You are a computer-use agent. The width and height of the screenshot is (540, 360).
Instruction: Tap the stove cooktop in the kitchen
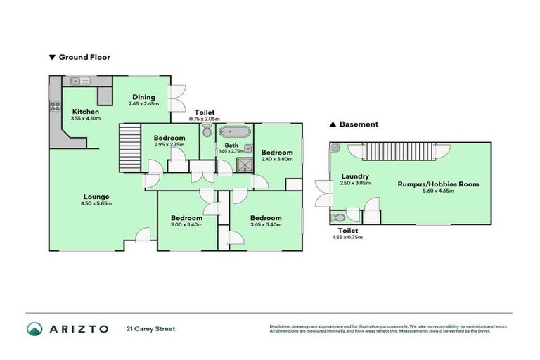click(x=53, y=108)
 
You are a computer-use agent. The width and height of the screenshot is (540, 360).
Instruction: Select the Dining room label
click(x=143, y=98)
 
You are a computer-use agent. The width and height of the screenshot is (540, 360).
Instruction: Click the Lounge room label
click(x=96, y=197)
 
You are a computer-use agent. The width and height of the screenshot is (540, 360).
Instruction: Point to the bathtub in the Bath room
click(x=234, y=132)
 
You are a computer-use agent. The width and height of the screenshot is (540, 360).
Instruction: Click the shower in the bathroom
click(x=243, y=165)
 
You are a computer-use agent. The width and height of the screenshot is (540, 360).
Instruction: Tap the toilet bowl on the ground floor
click(x=207, y=132)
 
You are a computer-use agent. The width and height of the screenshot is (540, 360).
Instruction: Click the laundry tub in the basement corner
click(x=335, y=148)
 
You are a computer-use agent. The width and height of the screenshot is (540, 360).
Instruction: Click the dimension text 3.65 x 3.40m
click(x=266, y=225)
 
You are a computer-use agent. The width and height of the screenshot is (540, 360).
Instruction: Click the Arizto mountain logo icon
click(x=34, y=328)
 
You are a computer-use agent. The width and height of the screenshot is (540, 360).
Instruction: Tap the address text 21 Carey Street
click(x=150, y=328)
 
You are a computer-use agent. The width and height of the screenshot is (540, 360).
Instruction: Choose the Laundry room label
click(x=354, y=176)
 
